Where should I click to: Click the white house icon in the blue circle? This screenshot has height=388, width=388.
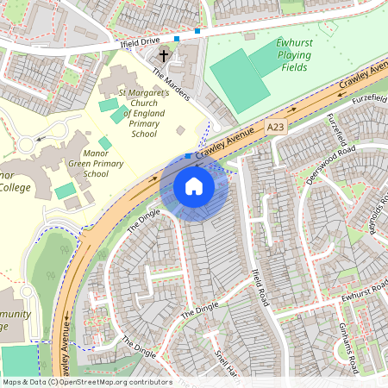coord(194,185)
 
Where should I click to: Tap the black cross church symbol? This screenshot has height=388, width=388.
coord(164,55)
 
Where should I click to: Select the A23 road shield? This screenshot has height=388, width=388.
coord(276,126)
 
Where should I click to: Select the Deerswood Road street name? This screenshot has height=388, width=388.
coord(331,163)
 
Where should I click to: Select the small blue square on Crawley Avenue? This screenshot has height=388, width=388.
coord(189,156)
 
